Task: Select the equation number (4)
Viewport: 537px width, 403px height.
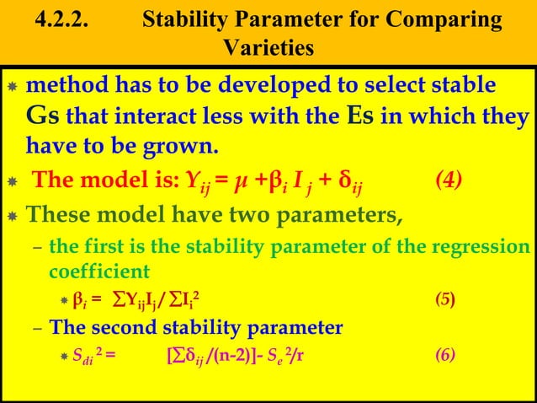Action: click(x=442, y=179)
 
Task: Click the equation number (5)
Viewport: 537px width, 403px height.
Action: click(x=444, y=299)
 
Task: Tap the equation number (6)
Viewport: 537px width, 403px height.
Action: click(x=444, y=355)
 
